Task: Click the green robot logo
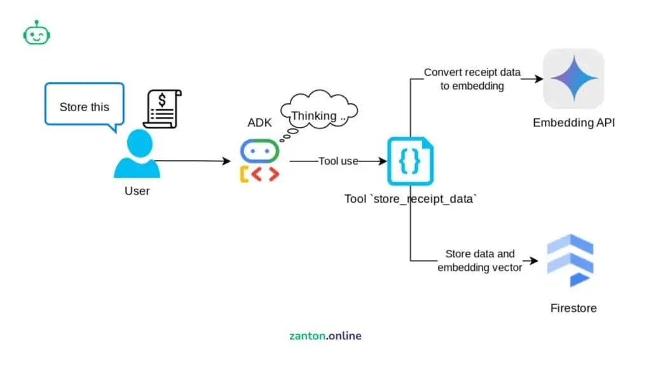coord(36,33)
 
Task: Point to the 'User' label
coord(137,191)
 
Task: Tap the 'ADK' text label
coord(259,123)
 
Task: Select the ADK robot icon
coord(259,161)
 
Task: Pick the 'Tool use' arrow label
coord(338,161)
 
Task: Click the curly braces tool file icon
coord(410,161)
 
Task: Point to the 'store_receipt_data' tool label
coord(411,199)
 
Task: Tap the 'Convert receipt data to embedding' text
coord(472,79)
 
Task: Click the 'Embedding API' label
coord(573,123)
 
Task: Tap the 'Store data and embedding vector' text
coord(480,261)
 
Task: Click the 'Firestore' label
coord(573,308)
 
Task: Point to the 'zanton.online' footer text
coord(325,335)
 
